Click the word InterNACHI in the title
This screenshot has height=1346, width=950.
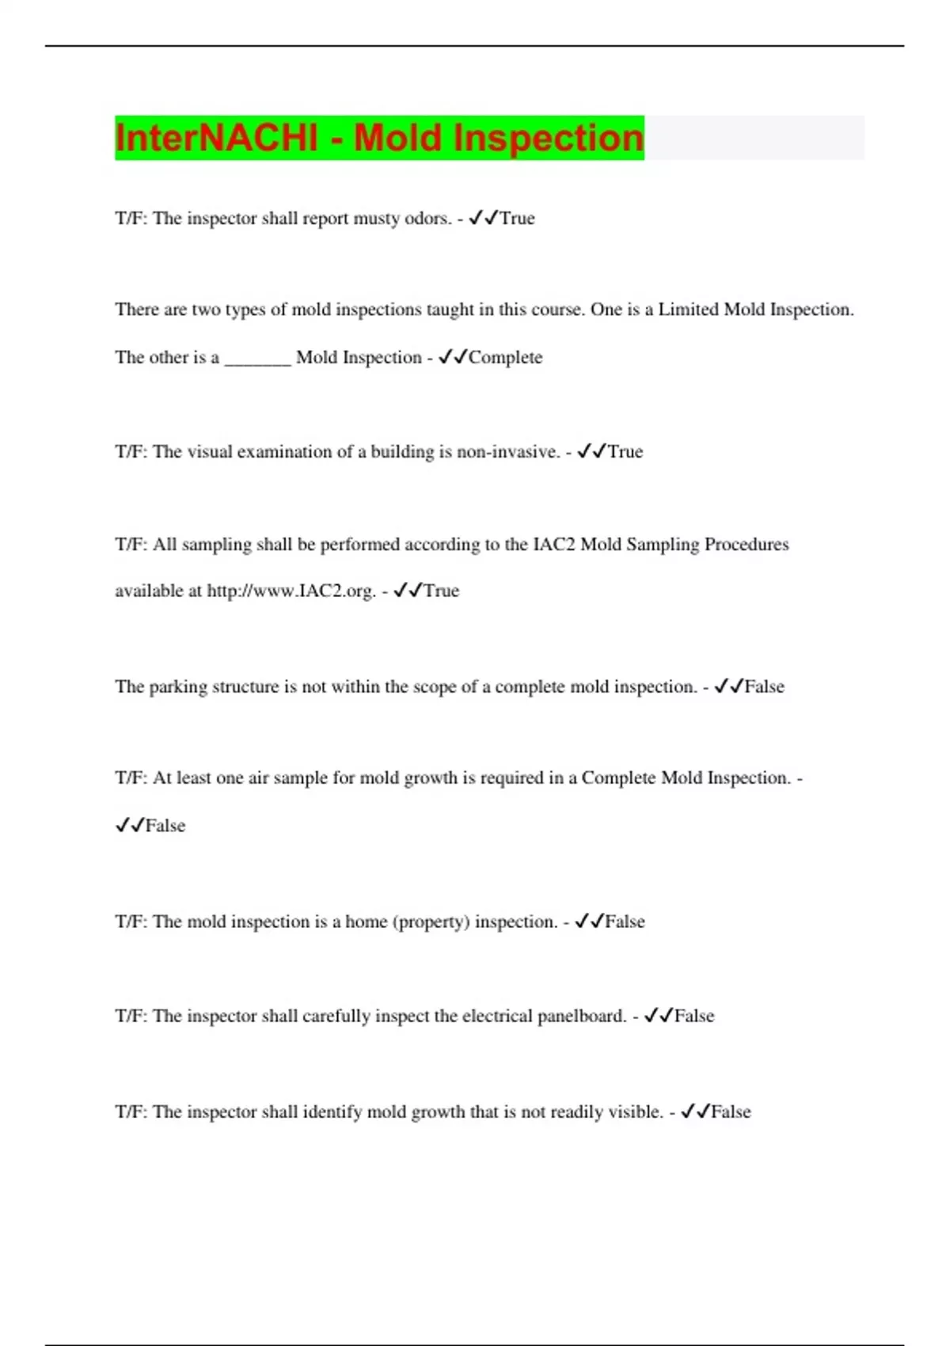click(x=215, y=138)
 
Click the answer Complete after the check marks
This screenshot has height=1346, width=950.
click(x=506, y=358)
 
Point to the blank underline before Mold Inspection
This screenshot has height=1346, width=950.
click(x=258, y=360)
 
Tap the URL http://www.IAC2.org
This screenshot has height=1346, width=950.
click(x=291, y=591)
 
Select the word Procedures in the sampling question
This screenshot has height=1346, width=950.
click(x=747, y=545)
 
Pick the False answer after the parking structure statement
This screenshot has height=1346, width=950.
click(x=764, y=687)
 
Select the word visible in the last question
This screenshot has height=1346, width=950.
click(x=636, y=1112)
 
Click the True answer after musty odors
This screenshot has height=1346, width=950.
click(x=517, y=219)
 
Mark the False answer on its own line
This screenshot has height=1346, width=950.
click(x=165, y=826)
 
